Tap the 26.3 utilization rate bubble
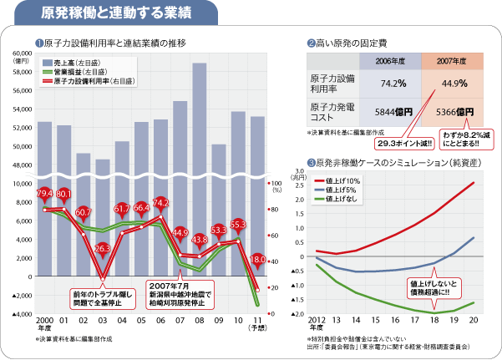(103, 248)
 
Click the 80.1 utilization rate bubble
(63, 193)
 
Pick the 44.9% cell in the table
(454, 83)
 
